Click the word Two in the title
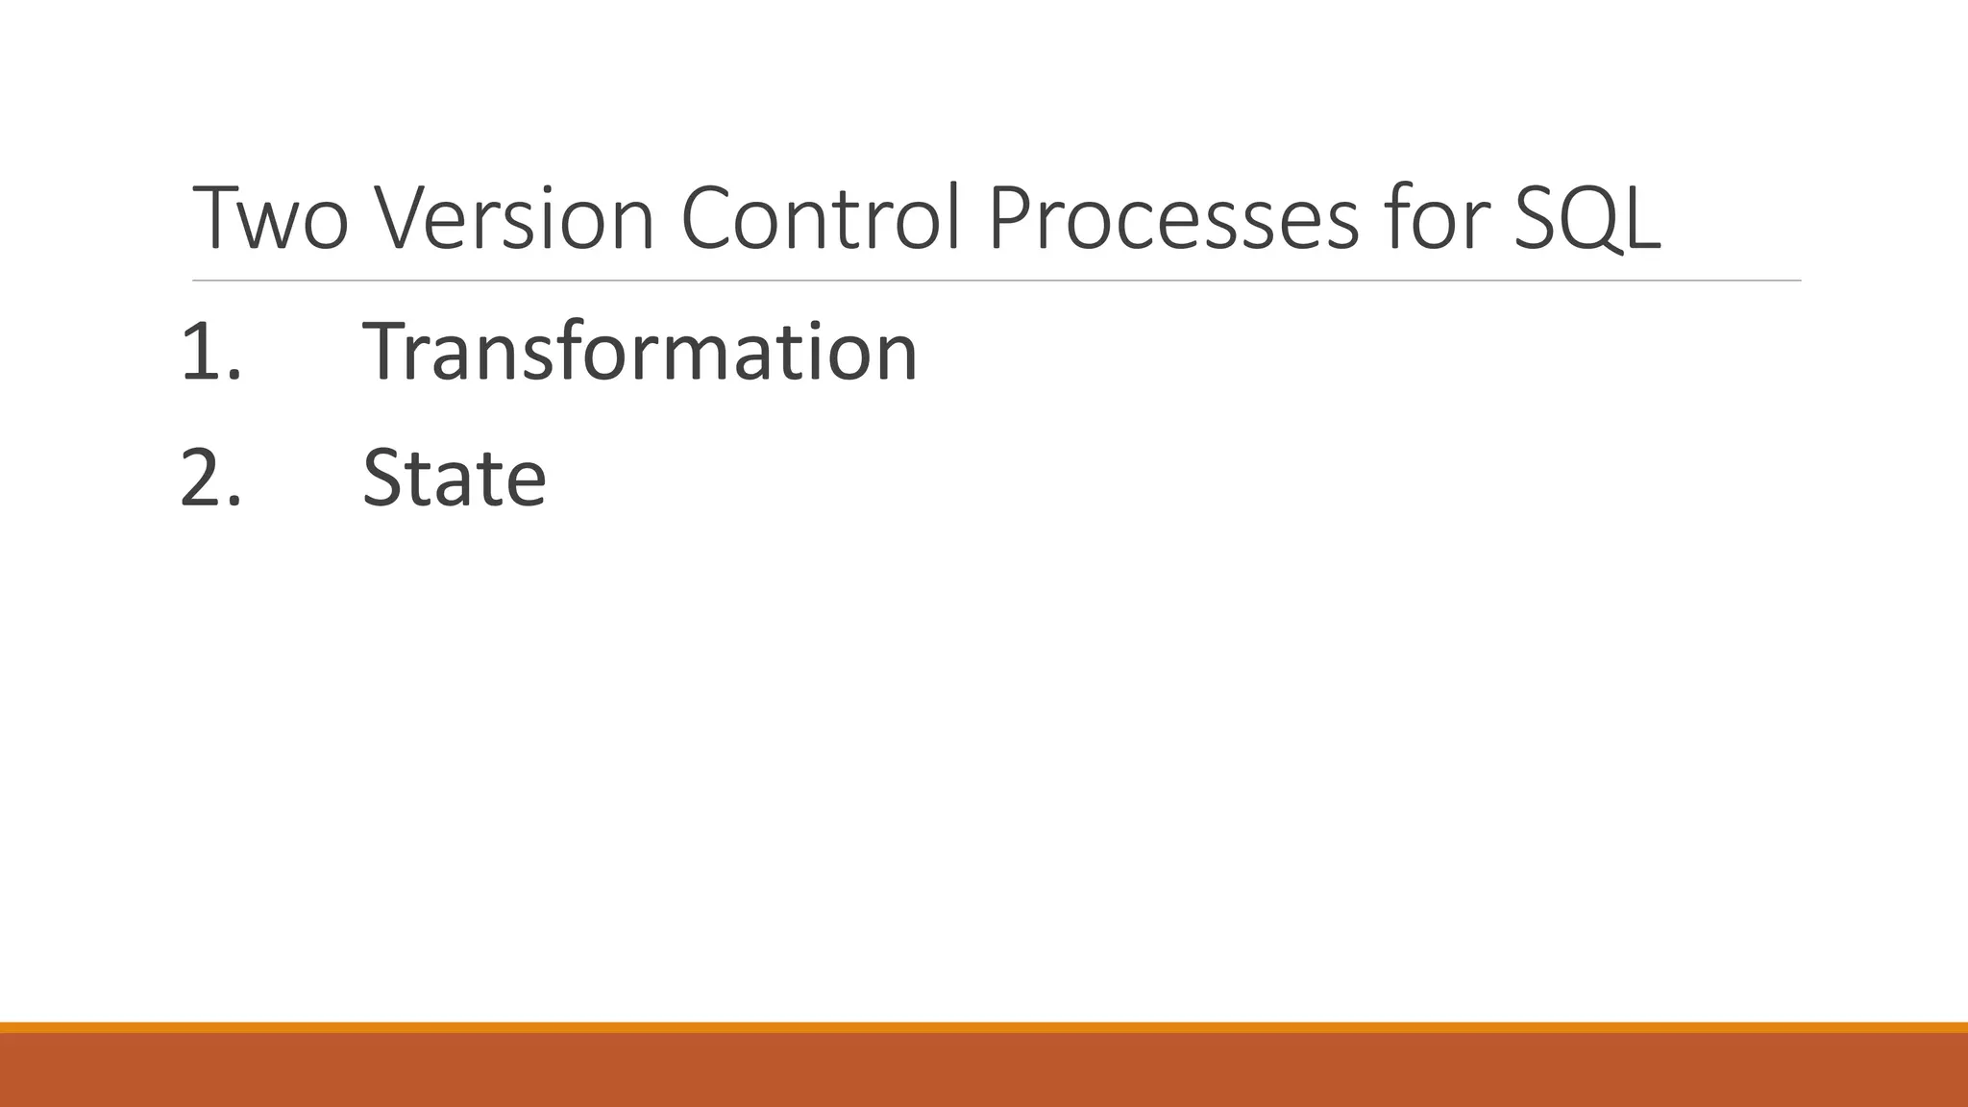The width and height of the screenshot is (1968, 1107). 270,219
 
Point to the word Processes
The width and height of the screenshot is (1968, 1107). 1173,219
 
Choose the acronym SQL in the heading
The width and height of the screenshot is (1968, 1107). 1587,219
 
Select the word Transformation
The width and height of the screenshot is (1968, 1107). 640,352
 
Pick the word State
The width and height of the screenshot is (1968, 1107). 455,478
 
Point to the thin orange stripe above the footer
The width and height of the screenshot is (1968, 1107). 984,1027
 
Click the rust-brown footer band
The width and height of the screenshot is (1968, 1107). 984,1070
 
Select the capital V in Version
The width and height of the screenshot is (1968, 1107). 401,219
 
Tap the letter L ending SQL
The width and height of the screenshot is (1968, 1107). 1642,219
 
